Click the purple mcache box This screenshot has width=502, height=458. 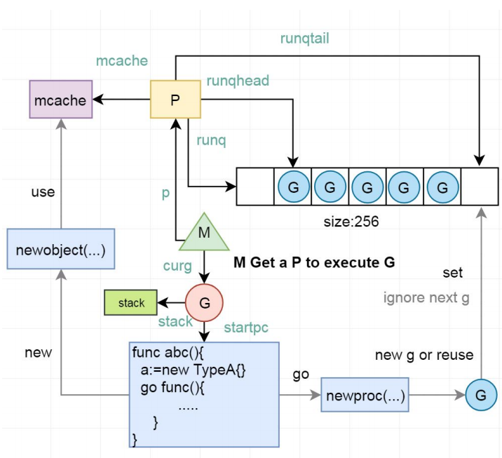click(61, 100)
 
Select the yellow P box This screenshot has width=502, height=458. click(175, 100)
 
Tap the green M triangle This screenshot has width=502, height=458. click(204, 234)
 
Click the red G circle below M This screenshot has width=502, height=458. click(204, 302)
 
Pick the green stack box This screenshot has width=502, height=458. click(131, 303)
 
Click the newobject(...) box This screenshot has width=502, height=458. click(61, 249)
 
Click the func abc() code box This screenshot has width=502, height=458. click(204, 393)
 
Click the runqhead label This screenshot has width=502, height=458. click(238, 81)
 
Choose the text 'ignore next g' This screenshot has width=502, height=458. click(426, 298)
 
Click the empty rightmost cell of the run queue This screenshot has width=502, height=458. click(480, 187)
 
